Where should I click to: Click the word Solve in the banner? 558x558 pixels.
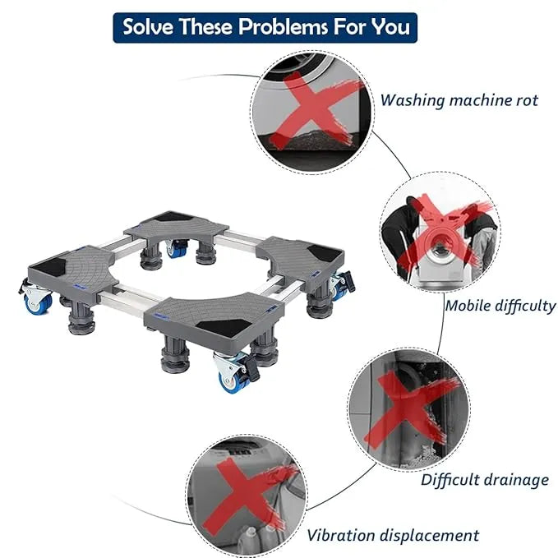pos(148,26)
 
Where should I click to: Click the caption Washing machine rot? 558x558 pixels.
pos(459,100)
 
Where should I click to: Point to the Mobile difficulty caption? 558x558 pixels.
pos(500,306)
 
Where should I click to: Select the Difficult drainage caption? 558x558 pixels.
pos(485,480)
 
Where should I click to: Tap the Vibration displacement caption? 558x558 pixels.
pos(393,535)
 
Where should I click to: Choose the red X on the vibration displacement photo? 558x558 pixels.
pos(246,496)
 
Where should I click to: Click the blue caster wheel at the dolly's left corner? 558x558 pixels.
pos(38,302)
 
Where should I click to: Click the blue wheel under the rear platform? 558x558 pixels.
pos(177,250)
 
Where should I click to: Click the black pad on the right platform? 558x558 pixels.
pos(325,252)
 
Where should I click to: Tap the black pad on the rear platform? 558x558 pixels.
pos(173,216)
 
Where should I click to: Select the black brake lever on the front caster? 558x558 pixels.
pos(252,369)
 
